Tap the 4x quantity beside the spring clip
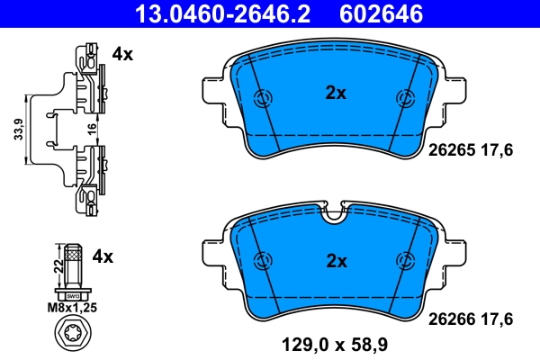(121, 54)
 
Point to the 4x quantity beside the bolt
(103, 256)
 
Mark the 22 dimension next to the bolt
(59, 265)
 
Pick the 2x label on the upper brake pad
(336, 92)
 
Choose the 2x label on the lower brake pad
(336, 261)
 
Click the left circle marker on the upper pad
(265, 99)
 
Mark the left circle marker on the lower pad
(265, 260)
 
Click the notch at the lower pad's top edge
(335, 213)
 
